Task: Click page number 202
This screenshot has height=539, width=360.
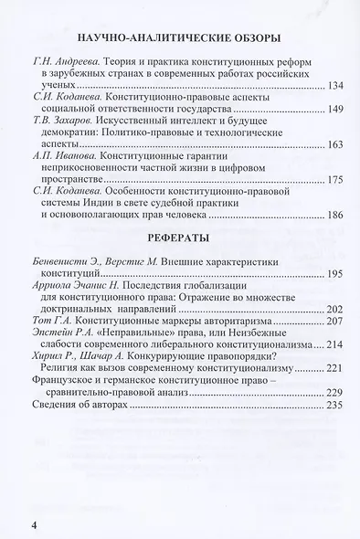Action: (334, 309)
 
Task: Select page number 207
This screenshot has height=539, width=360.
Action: (334, 322)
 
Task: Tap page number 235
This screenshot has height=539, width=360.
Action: (334, 405)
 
